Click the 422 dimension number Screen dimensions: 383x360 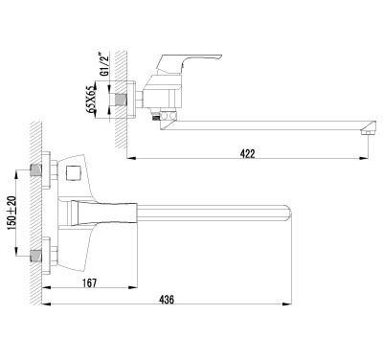[247, 153]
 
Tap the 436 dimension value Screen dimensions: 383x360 [167, 300]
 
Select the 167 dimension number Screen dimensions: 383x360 [89, 282]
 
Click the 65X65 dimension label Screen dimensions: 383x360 [91, 99]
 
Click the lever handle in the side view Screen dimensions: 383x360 [189, 63]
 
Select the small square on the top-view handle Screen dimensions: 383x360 [73, 173]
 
